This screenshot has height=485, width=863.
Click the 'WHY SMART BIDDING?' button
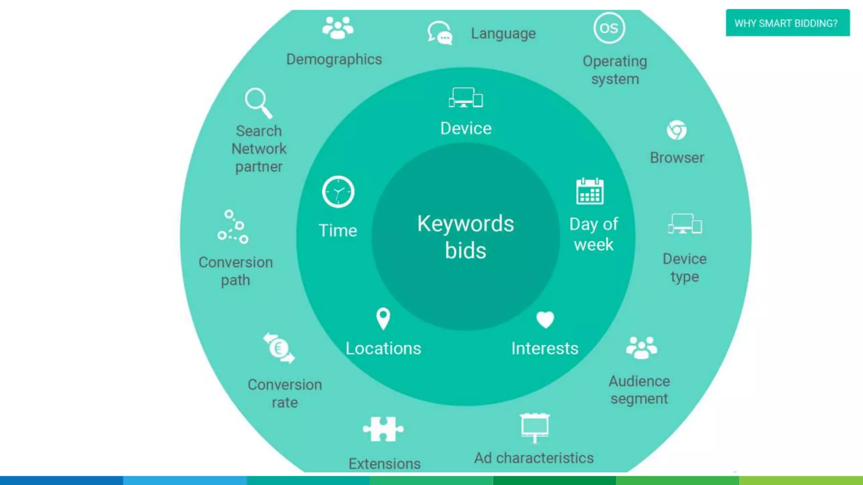coord(787,23)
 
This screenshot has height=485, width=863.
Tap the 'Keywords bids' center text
coord(466,237)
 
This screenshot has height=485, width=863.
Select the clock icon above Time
coord(338,192)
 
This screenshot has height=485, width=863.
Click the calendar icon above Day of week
coord(590,192)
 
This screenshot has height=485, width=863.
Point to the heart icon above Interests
coord(545,320)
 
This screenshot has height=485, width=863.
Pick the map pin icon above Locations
coord(383,319)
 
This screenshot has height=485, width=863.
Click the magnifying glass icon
coord(258,103)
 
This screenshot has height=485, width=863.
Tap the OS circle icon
coord(609,28)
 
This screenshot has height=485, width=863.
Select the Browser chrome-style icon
coord(677,130)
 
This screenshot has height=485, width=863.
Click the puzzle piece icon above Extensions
coord(383,429)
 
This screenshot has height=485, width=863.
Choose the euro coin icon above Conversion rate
coord(279,348)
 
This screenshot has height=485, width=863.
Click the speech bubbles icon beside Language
coord(440,33)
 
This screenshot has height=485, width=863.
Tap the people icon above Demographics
coord(338,28)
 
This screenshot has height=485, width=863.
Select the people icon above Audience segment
coord(641,347)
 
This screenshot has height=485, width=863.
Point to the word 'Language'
coord(503,33)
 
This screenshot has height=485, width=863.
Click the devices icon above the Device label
coord(466,98)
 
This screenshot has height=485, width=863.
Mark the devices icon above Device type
coord(685,224)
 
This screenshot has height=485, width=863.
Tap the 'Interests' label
coord(544,349)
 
